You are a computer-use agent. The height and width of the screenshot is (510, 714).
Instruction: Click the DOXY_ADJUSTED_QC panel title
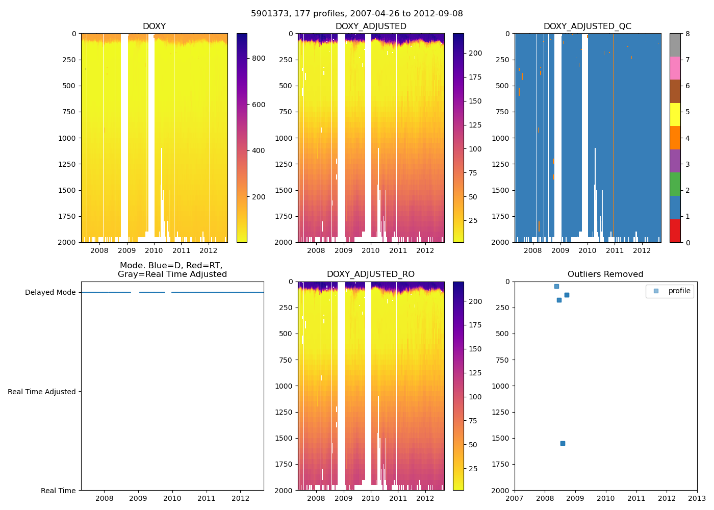[x=587, y=27]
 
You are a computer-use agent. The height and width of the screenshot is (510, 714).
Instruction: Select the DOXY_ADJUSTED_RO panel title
[x=370, y=274]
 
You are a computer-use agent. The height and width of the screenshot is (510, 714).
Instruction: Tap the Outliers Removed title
[x=605, y=274]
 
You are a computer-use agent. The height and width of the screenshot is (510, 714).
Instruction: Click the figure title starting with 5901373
[x=356, y=14]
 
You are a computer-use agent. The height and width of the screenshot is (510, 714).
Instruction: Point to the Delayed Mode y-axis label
[x=50, y=292]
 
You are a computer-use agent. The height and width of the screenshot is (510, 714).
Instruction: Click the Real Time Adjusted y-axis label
[x=41, y=392]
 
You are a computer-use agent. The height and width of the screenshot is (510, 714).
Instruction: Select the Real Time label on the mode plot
[x=58, y=491]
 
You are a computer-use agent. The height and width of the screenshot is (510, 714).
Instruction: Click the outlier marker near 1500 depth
[x=563, y=443]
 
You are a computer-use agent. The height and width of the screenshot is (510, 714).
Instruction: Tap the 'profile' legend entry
[x=679, y=291]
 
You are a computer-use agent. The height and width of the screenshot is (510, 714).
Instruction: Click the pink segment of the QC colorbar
[x=675, y=68]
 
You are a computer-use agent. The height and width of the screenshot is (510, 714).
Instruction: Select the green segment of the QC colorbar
[x=675, y=184]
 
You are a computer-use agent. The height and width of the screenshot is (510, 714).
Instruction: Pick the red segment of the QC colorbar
[x=675, y=231]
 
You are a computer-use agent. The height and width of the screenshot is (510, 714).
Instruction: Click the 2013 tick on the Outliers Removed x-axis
[x=697, y=498]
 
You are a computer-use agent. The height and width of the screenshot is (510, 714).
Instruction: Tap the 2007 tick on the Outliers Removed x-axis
[x=514, y=498]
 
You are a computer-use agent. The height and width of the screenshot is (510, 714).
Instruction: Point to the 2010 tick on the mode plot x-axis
[x=172, y=498]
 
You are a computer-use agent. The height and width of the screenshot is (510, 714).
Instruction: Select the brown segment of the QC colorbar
[x=675, y=91]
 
